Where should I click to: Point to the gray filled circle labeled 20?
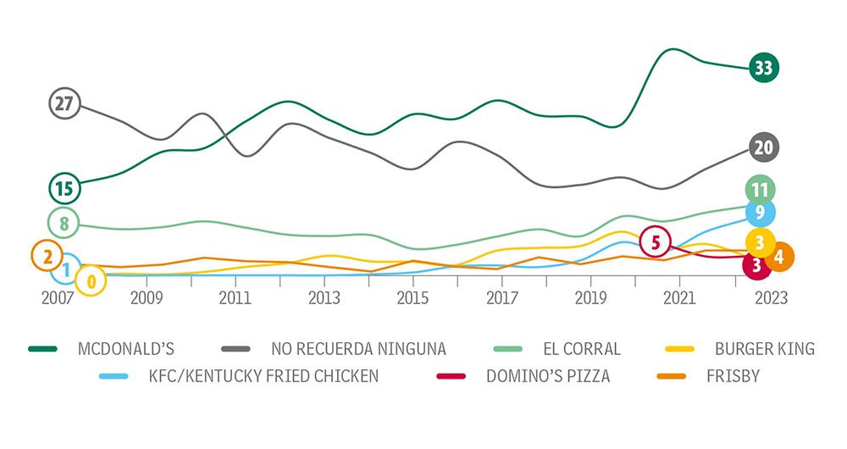coord(763,147)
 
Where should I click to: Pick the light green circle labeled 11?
coord(760,189)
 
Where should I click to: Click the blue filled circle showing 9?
coord(760,212)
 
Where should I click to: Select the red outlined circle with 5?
coord(656,242)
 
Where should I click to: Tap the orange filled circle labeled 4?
coord(778,257)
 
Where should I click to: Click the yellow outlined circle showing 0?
coord(91,280)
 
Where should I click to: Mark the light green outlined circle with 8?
coord(64,224)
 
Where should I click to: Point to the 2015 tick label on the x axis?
coord(412,298)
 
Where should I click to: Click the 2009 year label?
coord(146,298)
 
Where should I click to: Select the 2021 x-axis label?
coord(678,298)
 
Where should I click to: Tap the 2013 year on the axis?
coord(324,298)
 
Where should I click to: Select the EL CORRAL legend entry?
coord(582,348)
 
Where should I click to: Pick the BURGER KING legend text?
coord(765,348)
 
